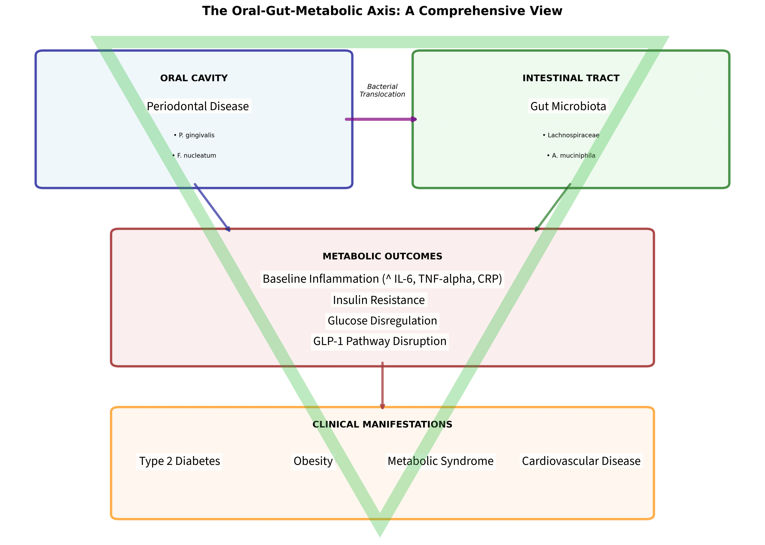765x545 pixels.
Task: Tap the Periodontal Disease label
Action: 198,106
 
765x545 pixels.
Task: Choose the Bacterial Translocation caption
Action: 382,91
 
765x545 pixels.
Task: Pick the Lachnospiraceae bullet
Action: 571,135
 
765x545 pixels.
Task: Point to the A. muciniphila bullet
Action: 571,155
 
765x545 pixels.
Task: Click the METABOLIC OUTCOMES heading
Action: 382,256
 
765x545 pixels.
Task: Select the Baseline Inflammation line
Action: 382,279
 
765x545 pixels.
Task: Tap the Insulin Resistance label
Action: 379,300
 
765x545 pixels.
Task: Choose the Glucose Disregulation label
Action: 382,320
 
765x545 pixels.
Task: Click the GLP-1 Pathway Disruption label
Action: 380,341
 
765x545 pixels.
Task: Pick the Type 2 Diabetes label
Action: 180,461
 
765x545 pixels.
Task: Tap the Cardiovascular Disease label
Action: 581,461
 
